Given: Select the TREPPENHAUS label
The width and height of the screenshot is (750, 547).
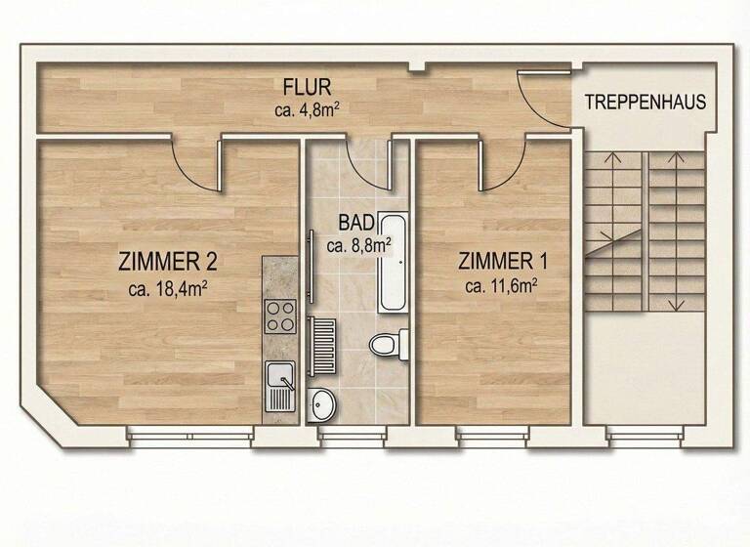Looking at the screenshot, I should (x=645, y=103).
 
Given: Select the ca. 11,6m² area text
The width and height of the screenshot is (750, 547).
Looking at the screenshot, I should (x=503, y=286).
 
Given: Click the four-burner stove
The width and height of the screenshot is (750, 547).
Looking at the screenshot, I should (x=280, y=315).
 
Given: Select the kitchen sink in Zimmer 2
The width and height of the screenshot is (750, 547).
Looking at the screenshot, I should (x=279, y=383).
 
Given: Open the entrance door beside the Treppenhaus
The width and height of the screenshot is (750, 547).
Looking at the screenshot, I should (x=542, y=98).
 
